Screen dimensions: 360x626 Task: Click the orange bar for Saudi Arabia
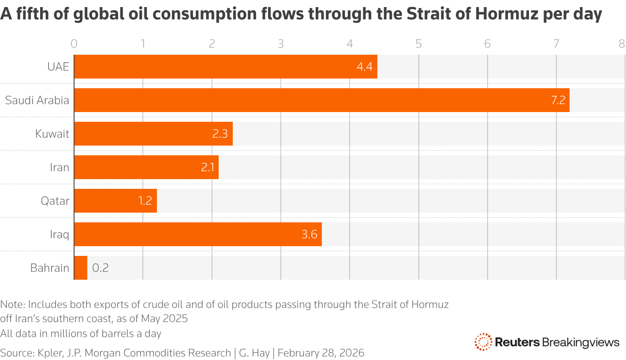point(322,100)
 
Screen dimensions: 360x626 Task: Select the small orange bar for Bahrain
point(81,268)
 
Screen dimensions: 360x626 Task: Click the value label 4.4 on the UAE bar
point(365,67)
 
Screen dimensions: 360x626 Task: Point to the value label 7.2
point(558,101)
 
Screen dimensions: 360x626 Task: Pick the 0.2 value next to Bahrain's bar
point(100,268)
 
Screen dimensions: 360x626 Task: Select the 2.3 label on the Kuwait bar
point(220,134)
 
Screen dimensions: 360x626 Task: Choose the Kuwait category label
point(52,134)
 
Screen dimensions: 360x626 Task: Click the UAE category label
point(58,67)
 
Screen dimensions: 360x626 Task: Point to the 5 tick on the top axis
point(418,44)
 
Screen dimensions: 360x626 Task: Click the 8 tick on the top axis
point(622,44)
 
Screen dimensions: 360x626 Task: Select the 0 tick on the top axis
point(74,44)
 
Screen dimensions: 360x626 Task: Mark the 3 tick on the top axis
point(281,44)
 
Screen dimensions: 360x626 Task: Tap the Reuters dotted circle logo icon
point(483,342)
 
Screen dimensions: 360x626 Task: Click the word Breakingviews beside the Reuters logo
point(581,342)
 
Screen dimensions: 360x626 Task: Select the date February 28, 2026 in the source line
point(321,352)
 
